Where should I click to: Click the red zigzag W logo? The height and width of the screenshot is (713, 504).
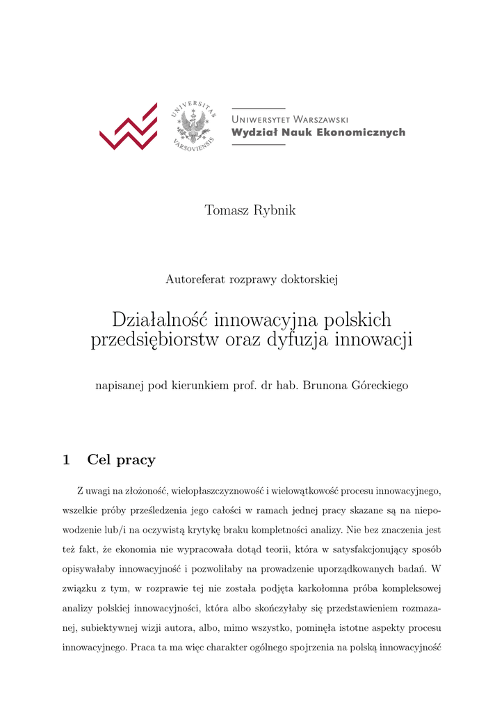click(129, 127)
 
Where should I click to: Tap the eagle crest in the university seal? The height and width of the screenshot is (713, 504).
click(193, 127)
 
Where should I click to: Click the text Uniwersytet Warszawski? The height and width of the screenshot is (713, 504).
click(290, 119)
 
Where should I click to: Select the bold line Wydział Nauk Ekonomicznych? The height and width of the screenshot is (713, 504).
click(318, 132)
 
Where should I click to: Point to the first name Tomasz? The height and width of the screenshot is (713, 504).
click(225, 210)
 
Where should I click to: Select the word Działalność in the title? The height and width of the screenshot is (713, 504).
click(161, 320)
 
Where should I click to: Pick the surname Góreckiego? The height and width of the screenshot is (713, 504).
click(381, 385)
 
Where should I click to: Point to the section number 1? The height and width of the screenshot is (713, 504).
click(66, 460)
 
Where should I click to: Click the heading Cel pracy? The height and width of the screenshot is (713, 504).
click(121, 460)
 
